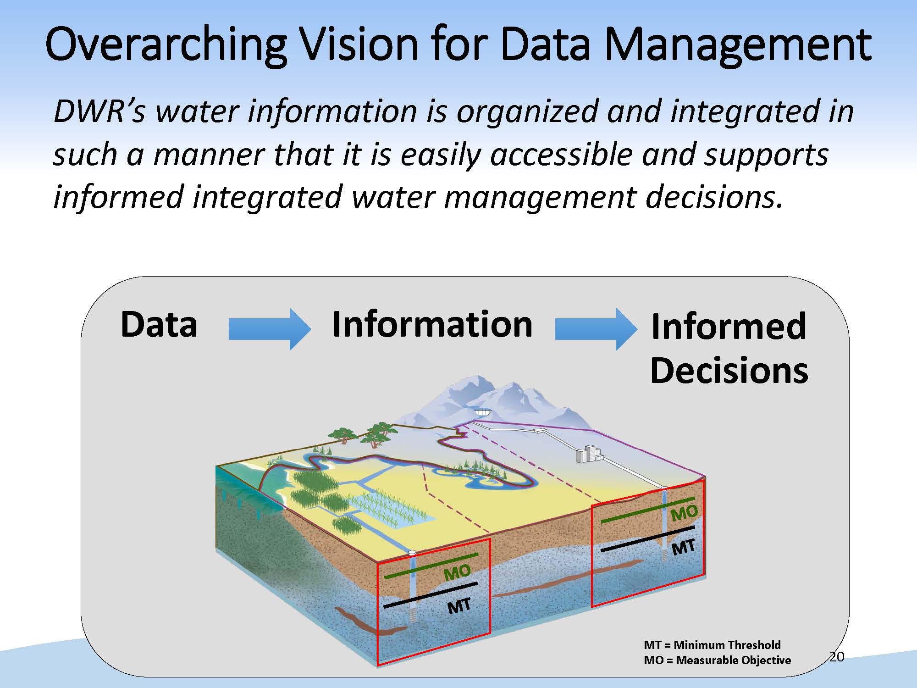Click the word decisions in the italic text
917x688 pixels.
coord(713,197)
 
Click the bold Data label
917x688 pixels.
coord(159,324)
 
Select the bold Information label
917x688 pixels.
coord(432,324)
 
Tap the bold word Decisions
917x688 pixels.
coord(729,370)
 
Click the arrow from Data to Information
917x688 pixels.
coord(269,329)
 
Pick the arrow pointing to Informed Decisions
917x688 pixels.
coord(596,329)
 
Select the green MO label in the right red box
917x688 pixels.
coord(684,513)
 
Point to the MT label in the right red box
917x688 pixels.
coord(683,547)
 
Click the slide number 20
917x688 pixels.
coord(836,657)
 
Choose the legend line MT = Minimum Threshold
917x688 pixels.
coord(712,645)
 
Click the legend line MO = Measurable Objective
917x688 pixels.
coord(717,660)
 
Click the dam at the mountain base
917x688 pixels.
coord(482,412)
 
